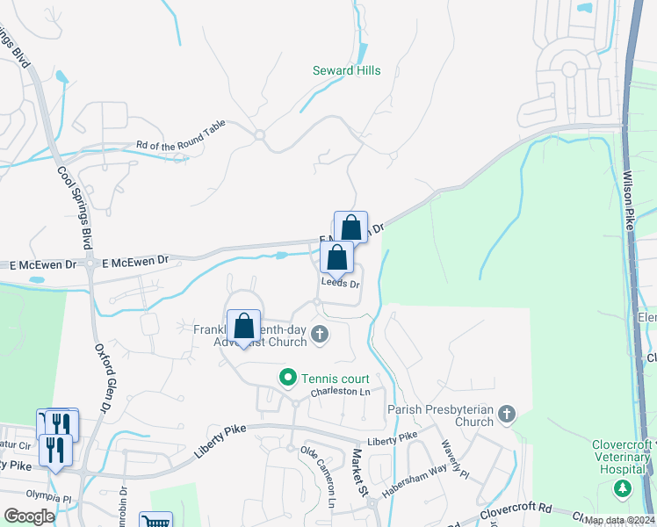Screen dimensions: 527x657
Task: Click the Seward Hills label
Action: (x=347, y=70)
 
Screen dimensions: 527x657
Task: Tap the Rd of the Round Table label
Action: (x=180, y=137)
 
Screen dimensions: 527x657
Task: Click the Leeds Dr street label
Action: (x=341, y=284)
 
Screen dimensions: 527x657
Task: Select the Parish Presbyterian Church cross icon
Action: (x=506, y=414)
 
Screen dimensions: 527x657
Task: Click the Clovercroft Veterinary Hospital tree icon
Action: (x=623, y=487)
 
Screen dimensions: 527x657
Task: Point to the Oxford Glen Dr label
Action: (x=103, y=377)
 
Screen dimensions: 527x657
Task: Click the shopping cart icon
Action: (x=155, y=520)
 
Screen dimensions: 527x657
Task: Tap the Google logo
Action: (x=29, y=516)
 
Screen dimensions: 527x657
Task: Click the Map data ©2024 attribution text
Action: (x=619, y=520)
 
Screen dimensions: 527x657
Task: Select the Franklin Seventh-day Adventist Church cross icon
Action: (x=320, y=333)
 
